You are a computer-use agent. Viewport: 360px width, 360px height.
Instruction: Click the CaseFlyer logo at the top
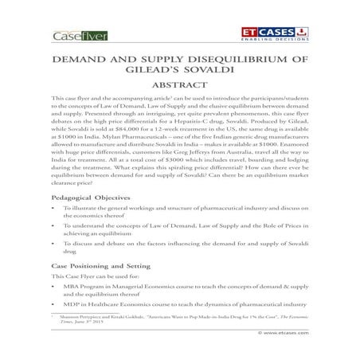(x=78, y=36)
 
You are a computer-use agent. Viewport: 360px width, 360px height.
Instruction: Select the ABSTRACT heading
(x=182, y=89)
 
